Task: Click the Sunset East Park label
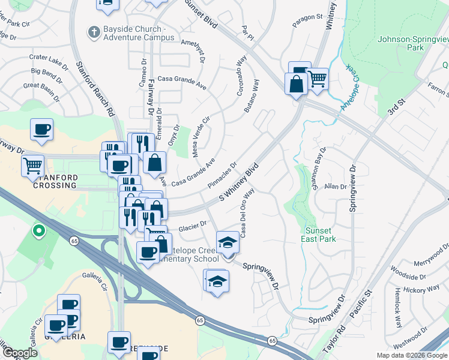point(319,235)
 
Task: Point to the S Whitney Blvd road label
point(238,181)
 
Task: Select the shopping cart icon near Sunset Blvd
point(317,79)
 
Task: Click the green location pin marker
point(39,230)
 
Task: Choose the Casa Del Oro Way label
point(249,212)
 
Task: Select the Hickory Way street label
point(421,289)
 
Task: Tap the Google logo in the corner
point(20,353)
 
